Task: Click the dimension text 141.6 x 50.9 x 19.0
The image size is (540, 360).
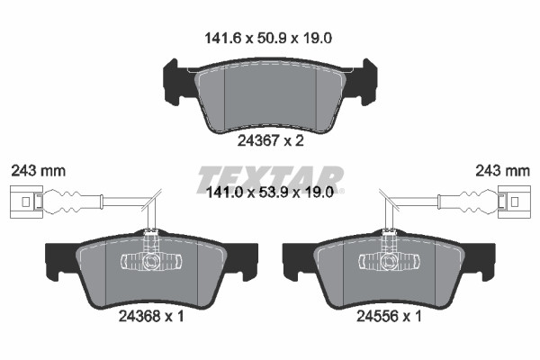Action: click(x=268, y=38)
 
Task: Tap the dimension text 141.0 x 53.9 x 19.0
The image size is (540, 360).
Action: click(x=269, y=193)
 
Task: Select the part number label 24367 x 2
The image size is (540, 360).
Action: click(x=271, y=140)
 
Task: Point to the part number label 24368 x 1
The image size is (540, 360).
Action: click(x=151, y=316)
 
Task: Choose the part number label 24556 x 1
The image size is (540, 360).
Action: click(x=389, y=316)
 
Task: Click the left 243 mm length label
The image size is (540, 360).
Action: click(x=38, y=171)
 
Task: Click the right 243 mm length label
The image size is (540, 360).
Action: click(x=503, y=171)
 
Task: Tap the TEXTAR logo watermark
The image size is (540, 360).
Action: click(x=270, y=180)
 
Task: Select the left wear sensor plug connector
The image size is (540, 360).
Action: click(x=26, y=202)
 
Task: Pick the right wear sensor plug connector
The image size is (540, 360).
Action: click(x=515, y=202)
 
